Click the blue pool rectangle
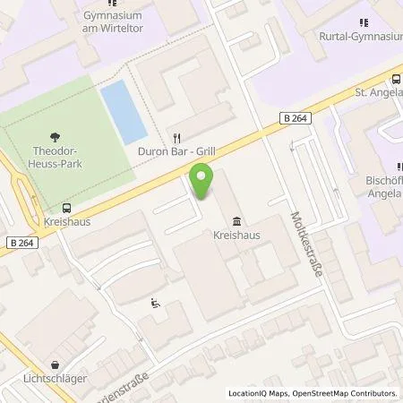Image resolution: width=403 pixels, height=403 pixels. (x=123, y=112)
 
